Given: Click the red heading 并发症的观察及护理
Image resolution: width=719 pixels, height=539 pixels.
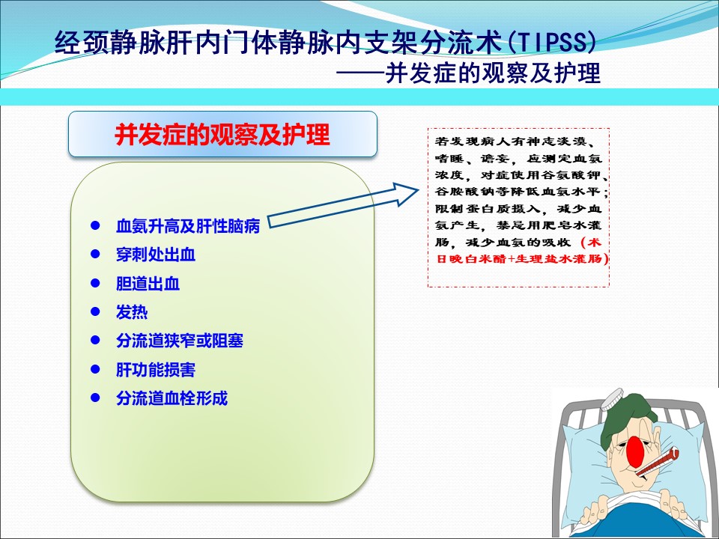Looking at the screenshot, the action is [x=222, y=134].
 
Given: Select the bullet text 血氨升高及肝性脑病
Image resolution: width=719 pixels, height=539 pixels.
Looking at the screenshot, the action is [x=188, y=226].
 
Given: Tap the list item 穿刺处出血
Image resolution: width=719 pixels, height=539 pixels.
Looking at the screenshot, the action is [x=156, y=255].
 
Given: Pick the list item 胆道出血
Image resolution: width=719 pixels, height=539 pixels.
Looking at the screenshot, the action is [x=148, y=283].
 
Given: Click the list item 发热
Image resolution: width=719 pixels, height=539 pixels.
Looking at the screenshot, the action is [x=132, y=311].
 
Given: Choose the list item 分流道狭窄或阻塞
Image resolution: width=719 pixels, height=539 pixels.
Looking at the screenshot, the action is [x=180, y=341].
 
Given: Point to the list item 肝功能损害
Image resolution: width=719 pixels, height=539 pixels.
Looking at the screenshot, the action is [x=156, y=369].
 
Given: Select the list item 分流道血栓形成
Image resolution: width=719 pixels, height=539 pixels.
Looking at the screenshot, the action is [x=172, y=398].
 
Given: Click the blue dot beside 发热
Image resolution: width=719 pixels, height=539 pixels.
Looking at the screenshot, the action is [x=95, y=311].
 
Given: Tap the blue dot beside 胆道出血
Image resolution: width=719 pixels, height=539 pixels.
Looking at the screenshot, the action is [x=95, y=283].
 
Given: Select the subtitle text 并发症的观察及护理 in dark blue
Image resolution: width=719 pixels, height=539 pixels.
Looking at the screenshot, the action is [x=493, y=73].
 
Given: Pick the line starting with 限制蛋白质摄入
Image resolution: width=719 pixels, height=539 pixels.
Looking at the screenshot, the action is [x=518, y=209].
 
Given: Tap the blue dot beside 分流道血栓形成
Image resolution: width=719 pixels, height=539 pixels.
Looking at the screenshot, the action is [x=95, y=398].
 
